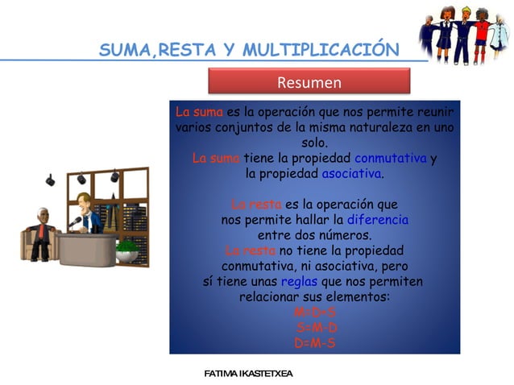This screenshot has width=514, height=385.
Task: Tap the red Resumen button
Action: (x=309, y=83)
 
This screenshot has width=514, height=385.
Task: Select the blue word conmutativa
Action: (x=390, y=158)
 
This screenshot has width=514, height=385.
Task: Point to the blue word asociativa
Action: (x=351, y=173)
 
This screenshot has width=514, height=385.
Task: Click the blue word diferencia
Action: (x=377, y=220)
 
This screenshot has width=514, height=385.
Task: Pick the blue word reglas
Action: (x=299, y=281)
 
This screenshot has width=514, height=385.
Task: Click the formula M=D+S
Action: (x=315, y=313)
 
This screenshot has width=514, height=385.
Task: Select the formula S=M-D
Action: (x=317, y=328)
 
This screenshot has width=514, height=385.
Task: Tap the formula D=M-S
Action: (x=315, y=343)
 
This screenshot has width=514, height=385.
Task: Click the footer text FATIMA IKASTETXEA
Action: (x=248, y=374)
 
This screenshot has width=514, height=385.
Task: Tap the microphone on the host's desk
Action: (x=75, y=221)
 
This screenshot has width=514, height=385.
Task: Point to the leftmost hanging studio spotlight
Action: (x=49, y=179)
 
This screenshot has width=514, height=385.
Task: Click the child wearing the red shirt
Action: (x=481, y=32)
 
